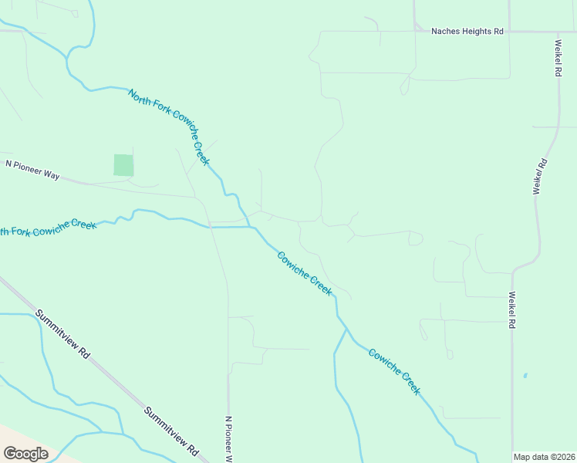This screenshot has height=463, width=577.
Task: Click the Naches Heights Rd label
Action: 467,32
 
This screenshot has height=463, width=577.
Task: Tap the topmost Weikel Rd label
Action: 557,58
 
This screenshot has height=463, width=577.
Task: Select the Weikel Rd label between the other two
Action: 542,176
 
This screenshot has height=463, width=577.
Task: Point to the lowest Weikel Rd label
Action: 511,310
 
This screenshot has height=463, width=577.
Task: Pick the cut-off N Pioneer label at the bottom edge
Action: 228,439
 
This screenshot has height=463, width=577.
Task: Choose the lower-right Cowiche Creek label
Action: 394,372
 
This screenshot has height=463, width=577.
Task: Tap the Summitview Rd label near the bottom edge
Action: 171,431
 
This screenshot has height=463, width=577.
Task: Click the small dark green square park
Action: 123,165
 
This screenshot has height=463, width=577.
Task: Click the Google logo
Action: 25,454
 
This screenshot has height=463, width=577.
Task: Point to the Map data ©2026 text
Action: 544,457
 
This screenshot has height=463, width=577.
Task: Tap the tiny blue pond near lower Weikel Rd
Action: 525,376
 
